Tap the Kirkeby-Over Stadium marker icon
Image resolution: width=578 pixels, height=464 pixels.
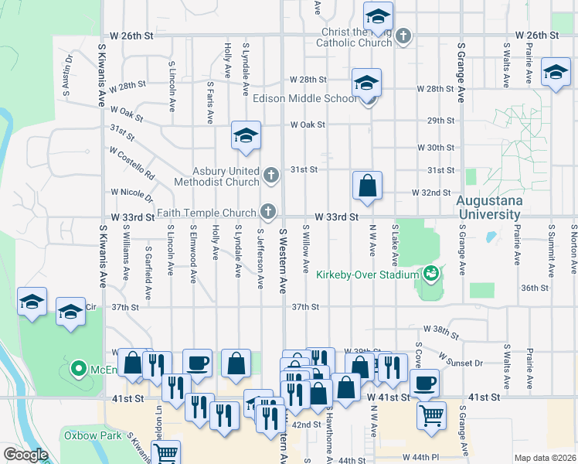[430, 273]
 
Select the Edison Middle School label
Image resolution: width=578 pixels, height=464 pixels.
[305, 98]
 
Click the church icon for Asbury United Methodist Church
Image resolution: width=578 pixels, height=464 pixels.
[271, 176]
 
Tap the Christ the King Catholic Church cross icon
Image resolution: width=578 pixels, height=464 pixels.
[403, 36]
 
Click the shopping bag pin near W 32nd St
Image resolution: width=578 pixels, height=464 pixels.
[367, 186]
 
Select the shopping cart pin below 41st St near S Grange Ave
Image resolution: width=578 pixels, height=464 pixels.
[431, 415]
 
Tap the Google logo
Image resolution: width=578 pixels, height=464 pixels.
[25, 455]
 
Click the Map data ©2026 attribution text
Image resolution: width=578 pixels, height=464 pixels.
[544, 458]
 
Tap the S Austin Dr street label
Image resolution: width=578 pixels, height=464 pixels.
[68, 74]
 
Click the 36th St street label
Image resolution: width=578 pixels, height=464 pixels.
[534, 288]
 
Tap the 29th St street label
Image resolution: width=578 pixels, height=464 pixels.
[440, 120]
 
